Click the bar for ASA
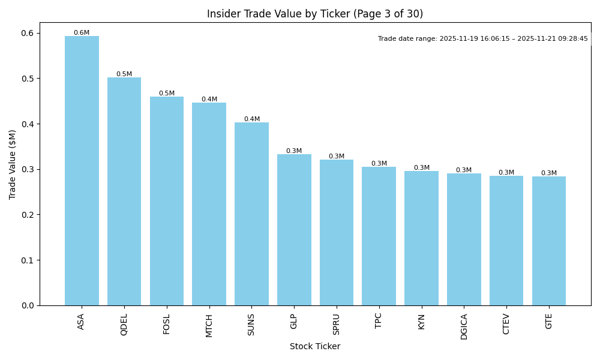[x=82, y=171]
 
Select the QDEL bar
[x=124, y=191]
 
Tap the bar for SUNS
[x=251, y=214]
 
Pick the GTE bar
[x=548, y=241]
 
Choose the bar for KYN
[x=421, y=238]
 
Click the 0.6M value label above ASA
[x=82, y=33]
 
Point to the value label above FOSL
[x=167, y=94]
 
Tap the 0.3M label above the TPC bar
[x=379, y=164]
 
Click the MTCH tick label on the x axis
[x=209, y=325]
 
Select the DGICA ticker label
[x=464, y=326]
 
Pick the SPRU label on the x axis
[x=336, y=324]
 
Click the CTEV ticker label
[x=506, y=324]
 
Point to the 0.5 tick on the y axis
[x=28, y=79]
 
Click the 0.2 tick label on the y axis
[x=28, y=215]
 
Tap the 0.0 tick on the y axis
[x=28, y=305]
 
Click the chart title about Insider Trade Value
[x=315, y=14]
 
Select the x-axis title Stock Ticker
[x=315, y=346]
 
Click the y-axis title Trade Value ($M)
[x=13, y=164]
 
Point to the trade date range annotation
[x=483, y=39]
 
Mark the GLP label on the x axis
[x=294, y=321]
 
